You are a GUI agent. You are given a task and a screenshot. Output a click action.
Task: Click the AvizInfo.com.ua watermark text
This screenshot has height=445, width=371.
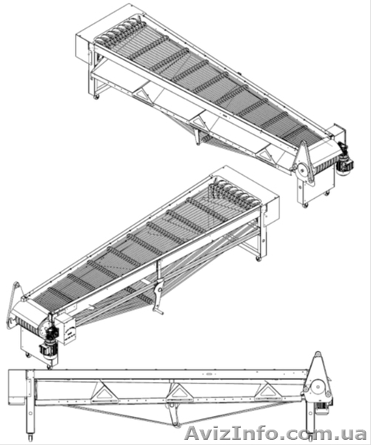tap(275, 434)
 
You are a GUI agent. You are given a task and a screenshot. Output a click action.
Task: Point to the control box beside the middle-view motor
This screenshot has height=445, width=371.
tap(65, 329)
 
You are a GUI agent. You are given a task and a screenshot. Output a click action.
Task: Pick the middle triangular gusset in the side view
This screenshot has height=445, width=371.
tap(178, 392)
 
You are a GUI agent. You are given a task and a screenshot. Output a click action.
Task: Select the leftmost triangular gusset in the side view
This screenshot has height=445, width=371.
tap(104, 392)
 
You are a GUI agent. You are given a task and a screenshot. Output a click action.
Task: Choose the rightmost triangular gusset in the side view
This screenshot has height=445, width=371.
tap(267, 391)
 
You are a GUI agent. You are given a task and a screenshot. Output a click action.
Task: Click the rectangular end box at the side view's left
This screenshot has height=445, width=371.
tap(18, 387)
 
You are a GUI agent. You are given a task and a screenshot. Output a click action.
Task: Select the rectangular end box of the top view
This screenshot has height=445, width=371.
tap(86, 47)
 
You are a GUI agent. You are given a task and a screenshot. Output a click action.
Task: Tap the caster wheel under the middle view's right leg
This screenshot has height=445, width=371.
tap(258, 259)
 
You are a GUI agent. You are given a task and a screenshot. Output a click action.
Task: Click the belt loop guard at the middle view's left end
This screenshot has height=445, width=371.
tap(13, 306)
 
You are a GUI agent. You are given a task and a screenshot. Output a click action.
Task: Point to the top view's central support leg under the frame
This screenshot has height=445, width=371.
tap(198, 136)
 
